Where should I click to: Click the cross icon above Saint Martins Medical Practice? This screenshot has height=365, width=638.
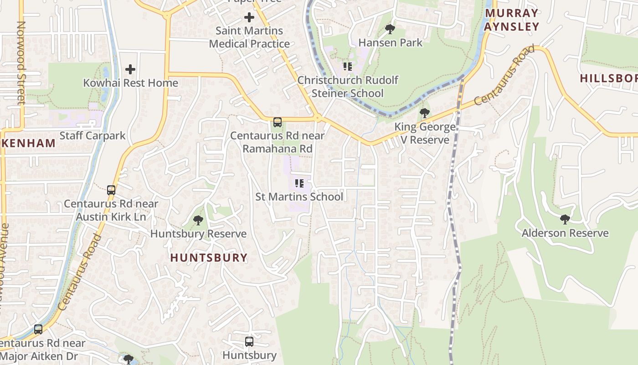tap(249, 18)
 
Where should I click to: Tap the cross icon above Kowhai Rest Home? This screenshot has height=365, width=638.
tap(130, 69)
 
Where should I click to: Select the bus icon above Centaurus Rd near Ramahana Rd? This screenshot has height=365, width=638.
tap(277, 122)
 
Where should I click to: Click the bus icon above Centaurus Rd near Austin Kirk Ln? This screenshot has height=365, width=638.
tap(111, 190)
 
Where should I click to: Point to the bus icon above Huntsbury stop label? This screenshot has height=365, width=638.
tap(249, 342)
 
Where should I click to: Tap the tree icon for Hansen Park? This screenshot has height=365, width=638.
tap(390, 30)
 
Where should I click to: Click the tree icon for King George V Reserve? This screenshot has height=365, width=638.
tap(425, 113)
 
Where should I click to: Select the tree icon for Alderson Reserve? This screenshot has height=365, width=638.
tap(565, 219)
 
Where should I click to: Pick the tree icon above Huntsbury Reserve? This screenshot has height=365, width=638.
tap(198, 221)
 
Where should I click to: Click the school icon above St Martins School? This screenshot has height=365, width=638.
tap(299, 183)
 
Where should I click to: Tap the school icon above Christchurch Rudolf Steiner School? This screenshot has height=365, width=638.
tap(348, 67)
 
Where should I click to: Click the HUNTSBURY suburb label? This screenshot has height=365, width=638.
tap(209, 258)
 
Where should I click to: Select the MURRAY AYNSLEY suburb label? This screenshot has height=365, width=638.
tap(511, 20)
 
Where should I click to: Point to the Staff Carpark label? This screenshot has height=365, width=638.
tap(93, 136)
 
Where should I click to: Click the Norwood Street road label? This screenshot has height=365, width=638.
tap(21, 63)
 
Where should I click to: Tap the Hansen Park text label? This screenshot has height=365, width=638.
tap(391, 43)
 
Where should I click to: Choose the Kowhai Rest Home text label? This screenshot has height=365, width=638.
tap(130, 83)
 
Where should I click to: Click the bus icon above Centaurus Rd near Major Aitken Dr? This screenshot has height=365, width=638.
tap(38, 329)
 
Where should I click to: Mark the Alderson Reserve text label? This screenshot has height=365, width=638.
tap(565, 233)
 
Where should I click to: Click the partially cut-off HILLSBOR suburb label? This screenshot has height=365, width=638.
tap(608, 78)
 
